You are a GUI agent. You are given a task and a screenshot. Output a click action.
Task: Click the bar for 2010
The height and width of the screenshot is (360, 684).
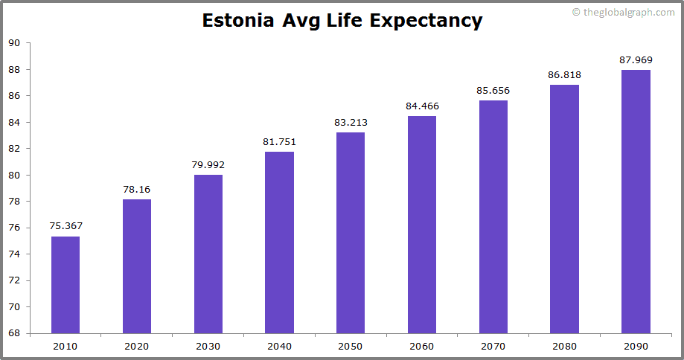coord(65,285)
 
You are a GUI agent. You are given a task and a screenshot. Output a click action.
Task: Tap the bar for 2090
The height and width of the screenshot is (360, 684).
coord(636,202)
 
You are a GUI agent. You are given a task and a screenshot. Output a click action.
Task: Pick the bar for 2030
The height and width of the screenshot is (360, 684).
coord(208,254)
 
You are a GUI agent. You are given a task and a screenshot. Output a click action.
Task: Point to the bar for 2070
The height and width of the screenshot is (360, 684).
coord(493,216)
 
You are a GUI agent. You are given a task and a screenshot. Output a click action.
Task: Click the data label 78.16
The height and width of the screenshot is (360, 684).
coord(137,189)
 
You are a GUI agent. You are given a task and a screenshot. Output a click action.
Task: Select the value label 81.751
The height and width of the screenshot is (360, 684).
coord(279,141)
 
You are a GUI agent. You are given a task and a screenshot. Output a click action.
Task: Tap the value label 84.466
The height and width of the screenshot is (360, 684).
coord(422,106)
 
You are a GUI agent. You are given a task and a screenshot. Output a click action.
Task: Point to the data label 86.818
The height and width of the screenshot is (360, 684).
coord(564,74)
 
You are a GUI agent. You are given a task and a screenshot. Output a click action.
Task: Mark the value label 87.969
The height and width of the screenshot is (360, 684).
coord(636,60)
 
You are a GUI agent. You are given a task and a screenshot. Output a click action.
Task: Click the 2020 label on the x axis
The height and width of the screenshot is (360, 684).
coord(137,346)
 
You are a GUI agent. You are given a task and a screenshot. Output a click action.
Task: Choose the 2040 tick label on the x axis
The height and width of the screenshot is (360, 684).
coord(279,346)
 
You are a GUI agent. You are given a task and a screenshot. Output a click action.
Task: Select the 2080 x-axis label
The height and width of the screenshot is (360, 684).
coord(564,346)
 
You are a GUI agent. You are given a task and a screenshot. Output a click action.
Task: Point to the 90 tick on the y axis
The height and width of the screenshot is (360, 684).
coord(14,43)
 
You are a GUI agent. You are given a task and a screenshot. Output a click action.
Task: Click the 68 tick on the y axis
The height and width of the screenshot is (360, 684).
coord(14,333)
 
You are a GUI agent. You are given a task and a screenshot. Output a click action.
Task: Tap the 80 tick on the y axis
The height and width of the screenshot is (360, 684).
coord(14,175)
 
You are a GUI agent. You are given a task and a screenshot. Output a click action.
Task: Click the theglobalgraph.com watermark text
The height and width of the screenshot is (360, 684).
coord(627,12)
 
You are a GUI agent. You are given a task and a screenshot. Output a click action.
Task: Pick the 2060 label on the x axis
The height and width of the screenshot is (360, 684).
coord(422,346)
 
